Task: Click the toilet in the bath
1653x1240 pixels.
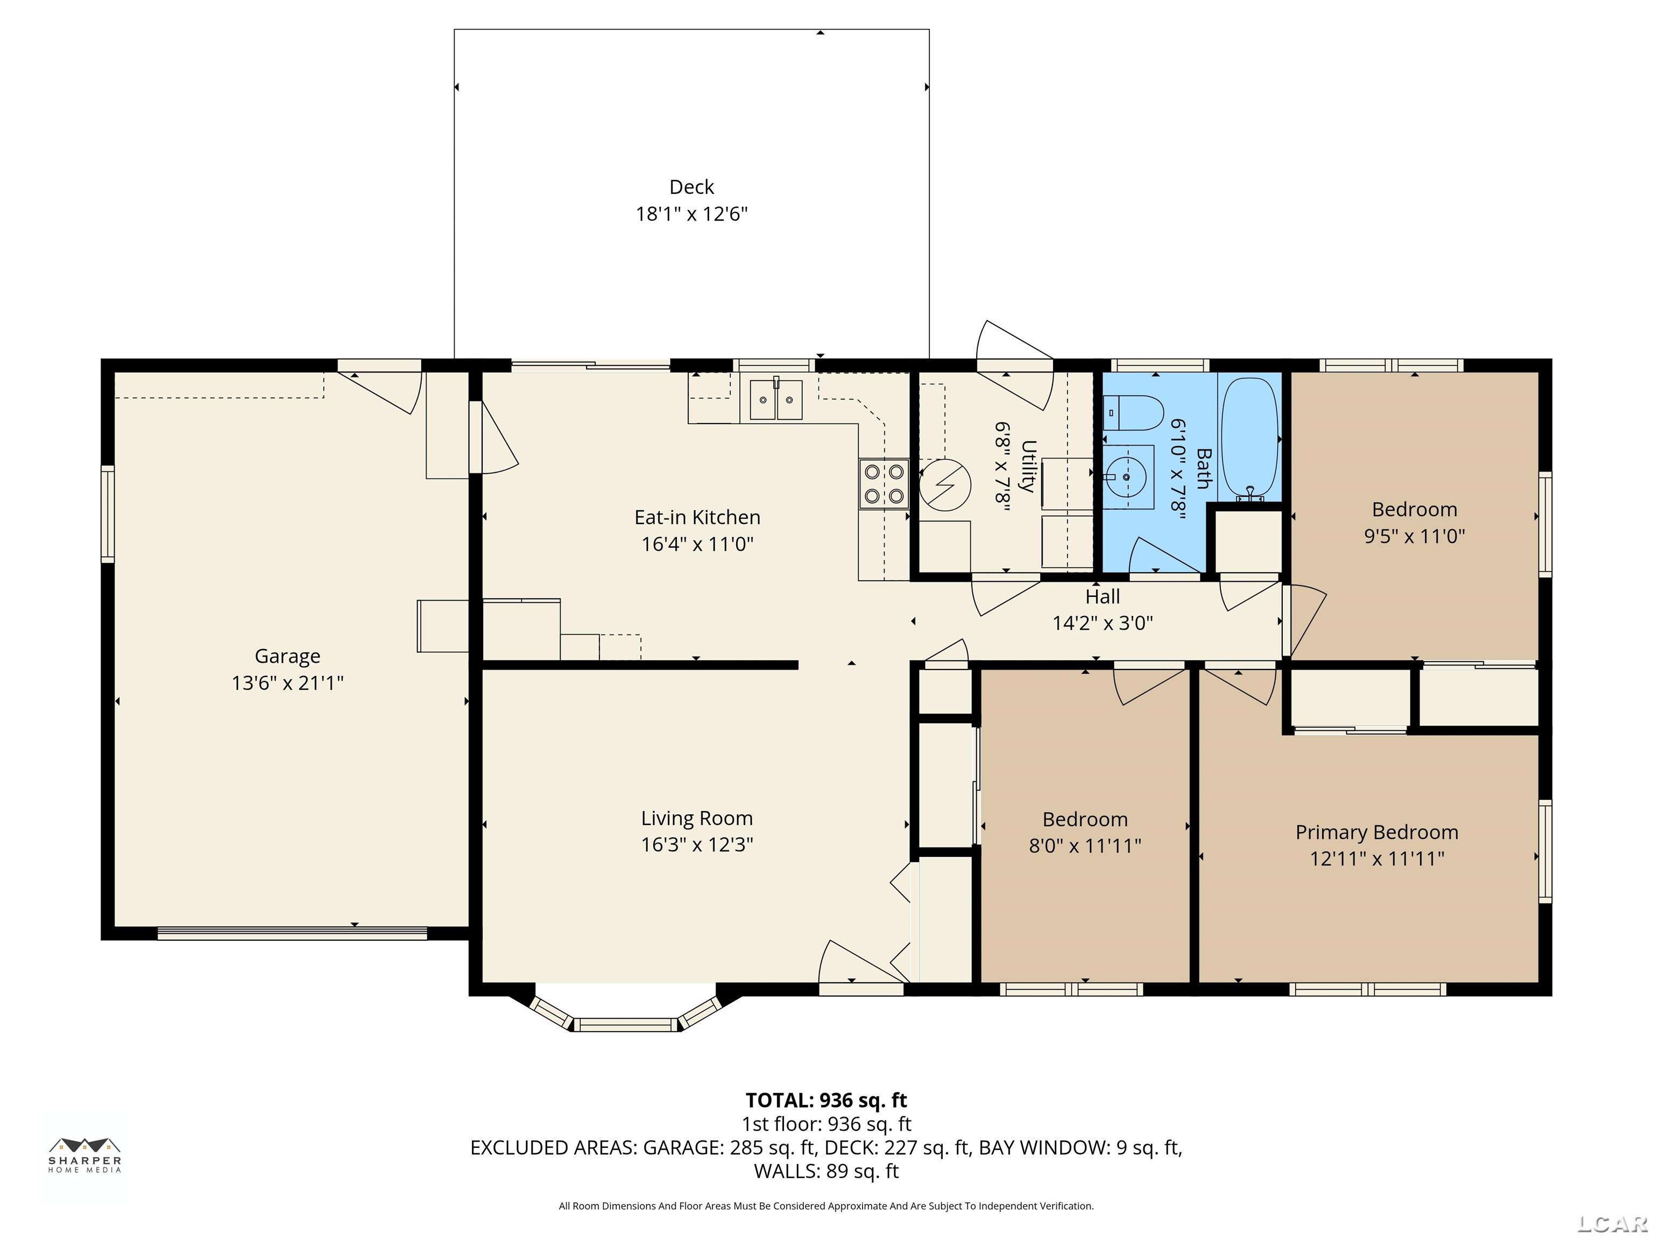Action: point(1133,413)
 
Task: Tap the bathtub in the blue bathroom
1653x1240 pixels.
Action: point(1249,439)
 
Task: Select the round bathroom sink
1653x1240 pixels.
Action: point(1126,476)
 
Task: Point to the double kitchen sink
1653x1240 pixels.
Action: point(776,399)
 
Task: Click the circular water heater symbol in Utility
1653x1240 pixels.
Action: point(944,484)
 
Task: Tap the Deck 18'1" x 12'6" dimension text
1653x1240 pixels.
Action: point(691,214)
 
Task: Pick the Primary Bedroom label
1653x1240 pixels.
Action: point(1376,832)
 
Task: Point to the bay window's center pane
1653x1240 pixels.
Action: point(626,1025)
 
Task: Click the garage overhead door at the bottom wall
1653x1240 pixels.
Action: point(292,933)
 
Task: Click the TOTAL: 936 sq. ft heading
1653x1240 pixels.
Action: point(826,1100)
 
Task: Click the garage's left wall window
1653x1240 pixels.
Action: point(108,513)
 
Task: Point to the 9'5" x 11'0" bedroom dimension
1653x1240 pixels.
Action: point(1414,536)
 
